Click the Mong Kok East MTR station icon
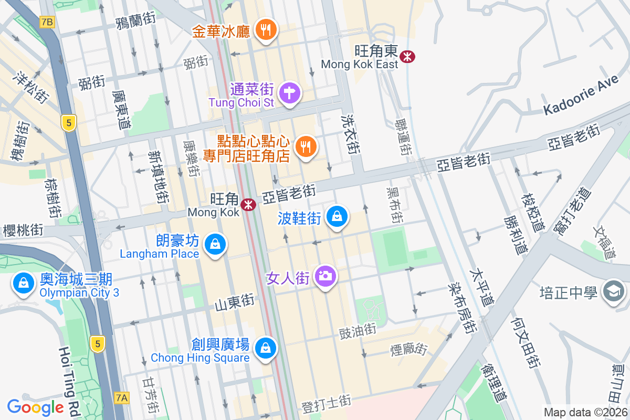coord(407,56)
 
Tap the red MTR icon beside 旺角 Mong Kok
coord(248,205)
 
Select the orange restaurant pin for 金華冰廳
coord(266,29)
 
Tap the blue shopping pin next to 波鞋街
coord(337,216)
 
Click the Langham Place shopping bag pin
coord(215,244)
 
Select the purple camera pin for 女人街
coord(325,276)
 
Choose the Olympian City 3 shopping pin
coord(24,283)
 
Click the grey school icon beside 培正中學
coord(613,290)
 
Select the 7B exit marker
coord(47,22)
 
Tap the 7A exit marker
coord(121,398)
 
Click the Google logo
coord(35,407)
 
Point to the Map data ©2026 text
coord(585,413)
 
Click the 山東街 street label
coord(235,303)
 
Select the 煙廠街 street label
coord(409,348)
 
